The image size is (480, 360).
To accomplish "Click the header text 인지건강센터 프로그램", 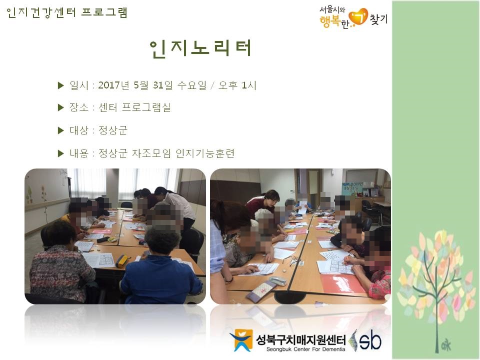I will point(67,12).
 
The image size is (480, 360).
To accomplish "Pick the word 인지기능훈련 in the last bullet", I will point(205,153).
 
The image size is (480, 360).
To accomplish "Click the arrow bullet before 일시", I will point(61,85).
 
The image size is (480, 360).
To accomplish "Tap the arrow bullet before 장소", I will point(61,108).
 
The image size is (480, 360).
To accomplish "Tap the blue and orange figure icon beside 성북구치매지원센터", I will point(240,340).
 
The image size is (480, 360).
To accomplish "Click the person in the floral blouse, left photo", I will point(60,265).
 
